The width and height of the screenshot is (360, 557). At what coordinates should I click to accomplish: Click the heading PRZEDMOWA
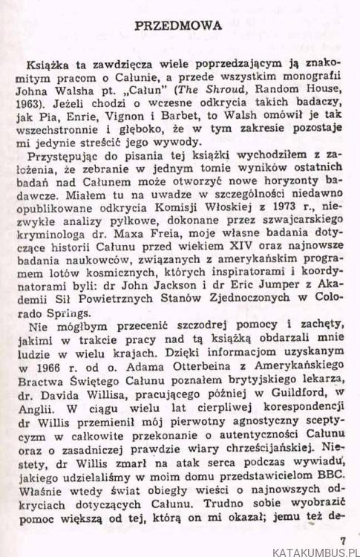pos(180,25)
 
